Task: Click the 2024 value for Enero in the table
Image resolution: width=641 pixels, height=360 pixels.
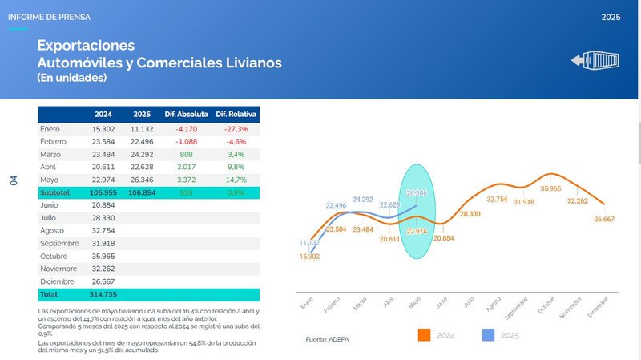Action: (x=105, y=128)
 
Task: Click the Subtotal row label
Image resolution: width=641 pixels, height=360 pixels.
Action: (x=55, y=192)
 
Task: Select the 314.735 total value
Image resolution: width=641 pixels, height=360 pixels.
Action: (x=105, y=295)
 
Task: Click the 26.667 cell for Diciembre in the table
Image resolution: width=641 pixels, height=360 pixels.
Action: (x=105, y=282)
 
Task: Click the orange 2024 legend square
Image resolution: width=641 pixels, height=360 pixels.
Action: (x=425, y=334)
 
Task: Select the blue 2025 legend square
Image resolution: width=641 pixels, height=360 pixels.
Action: (x=488, y=334)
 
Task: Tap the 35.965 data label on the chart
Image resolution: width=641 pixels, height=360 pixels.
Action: (x=550, y=189)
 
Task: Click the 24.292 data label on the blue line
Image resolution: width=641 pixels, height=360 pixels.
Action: (x=363, y=200)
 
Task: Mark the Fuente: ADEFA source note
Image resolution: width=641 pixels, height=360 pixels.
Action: (x=329, y=340)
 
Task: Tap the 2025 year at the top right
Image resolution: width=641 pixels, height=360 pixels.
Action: (x=611, y=16)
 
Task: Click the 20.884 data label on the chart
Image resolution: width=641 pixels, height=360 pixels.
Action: (x=443, y=239)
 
